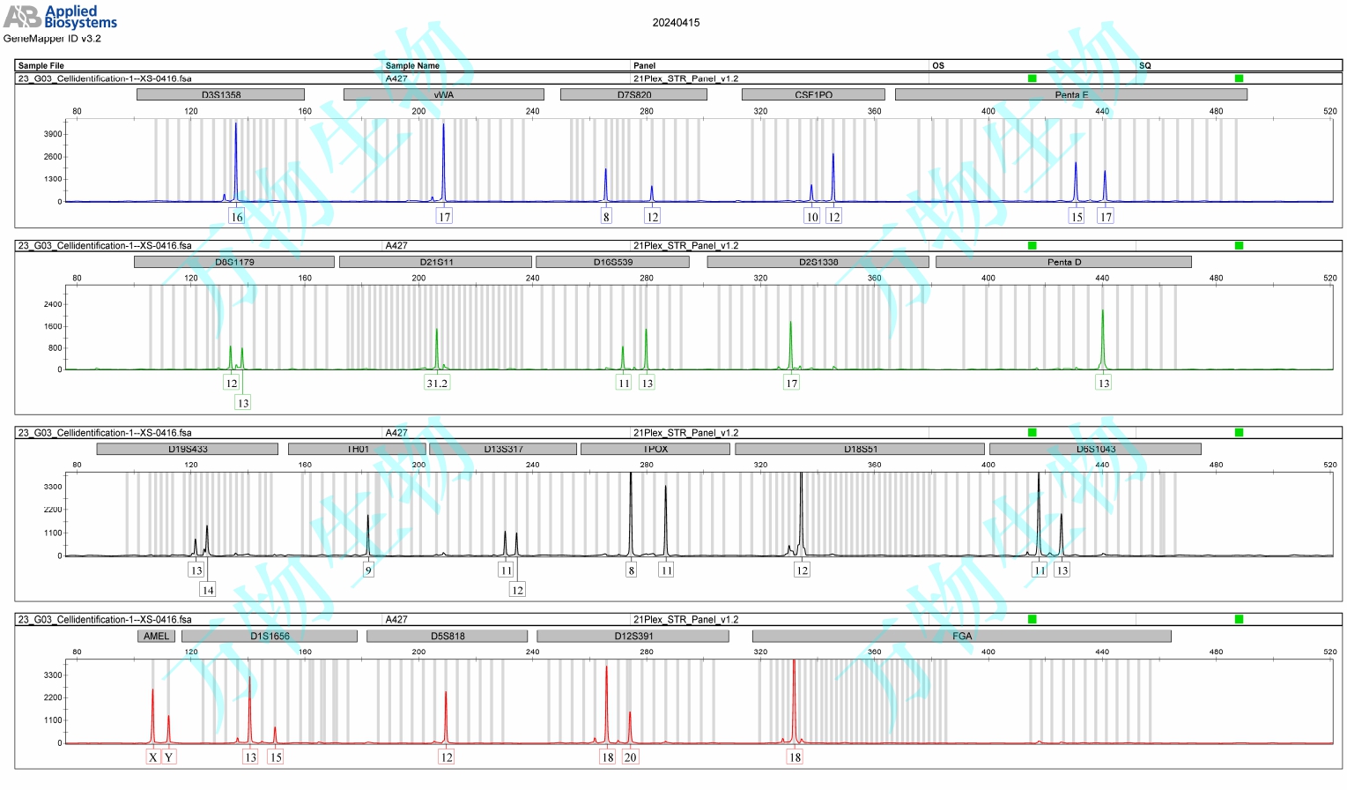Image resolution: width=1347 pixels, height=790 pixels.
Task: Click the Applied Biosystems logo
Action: click(x=59, y=17)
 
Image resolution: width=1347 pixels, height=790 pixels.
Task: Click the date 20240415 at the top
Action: click(x=676, y=23)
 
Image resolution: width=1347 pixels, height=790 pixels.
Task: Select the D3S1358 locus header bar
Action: click(x=220, y=94)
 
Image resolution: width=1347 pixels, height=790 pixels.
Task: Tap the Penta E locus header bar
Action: click(x=1070, y=94)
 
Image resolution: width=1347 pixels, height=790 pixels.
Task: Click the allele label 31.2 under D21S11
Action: click(x=437, y=383)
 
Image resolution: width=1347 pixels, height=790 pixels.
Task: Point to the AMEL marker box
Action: click(x=156, y=636)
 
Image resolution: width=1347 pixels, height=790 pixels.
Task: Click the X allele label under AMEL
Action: click(x=152, y=756)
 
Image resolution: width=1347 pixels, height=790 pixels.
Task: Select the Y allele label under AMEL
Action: click(x=168, y=756)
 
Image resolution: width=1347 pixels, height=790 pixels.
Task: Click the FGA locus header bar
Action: click(x=961, y=636)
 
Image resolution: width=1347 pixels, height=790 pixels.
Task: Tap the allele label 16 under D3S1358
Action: click(x=236, y=217)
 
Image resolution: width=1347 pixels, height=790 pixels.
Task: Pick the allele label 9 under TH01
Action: click(x=368, y=570)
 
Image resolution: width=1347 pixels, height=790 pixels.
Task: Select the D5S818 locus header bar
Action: click(x=447, y=636)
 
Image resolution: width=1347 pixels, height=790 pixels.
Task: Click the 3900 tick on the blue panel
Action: click(x=53, y=134)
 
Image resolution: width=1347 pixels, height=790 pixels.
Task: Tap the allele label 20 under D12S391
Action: click(x=630, y=756)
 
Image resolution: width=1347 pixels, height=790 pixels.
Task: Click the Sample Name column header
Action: click(x=412, y=65)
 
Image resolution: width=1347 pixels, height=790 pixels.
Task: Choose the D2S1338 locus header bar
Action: click(x=818, y=262)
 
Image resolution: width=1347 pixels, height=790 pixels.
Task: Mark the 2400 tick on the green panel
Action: click(x=53, y=304)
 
